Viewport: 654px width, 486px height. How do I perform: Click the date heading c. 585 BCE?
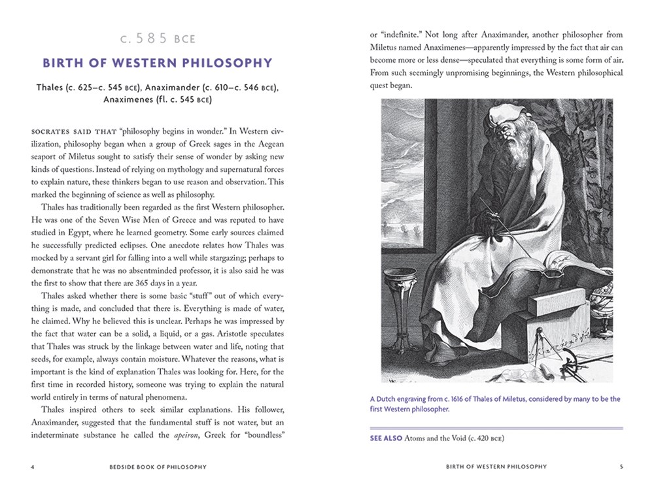click(x=158, y=39)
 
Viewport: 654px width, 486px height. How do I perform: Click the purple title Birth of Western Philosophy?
click(x=158, y=63)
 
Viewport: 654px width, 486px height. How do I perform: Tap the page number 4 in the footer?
click(x=32, y=467)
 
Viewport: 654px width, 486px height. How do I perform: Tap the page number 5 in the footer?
click(x=621, y=467)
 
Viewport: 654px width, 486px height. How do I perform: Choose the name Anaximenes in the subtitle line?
click(x=135, y=101)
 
